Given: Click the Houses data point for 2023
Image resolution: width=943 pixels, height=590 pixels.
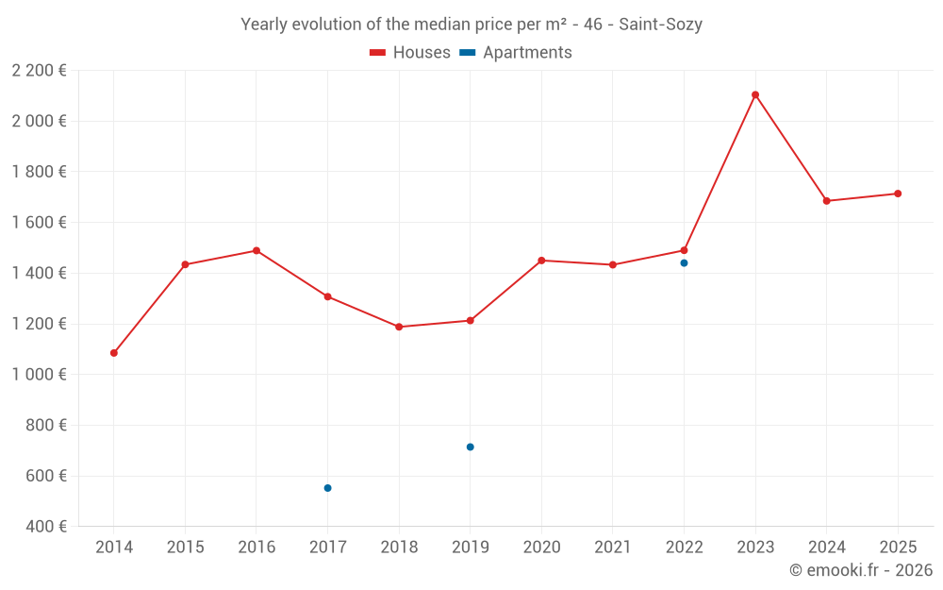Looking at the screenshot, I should (x=755, y=94).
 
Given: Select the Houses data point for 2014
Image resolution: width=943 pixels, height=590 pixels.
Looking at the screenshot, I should (x=114, y=353).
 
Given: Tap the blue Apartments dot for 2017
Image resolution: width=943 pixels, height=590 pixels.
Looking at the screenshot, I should (x=327, y=488).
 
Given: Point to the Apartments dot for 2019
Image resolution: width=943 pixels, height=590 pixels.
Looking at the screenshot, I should (x=470, y=447).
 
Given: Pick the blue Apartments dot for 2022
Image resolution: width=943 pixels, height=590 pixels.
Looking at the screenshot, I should (x=684, y=262).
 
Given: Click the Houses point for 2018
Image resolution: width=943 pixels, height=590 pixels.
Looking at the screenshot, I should (x=399, y=327).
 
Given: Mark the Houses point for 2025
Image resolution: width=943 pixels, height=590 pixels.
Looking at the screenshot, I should (x=898, y=194).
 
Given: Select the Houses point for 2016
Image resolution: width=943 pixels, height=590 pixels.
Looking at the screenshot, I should (x=256, y=250).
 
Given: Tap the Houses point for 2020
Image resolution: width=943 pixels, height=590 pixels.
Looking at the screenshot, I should (x=541, y=261).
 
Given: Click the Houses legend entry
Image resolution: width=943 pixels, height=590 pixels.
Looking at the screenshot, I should (x=410, y=53).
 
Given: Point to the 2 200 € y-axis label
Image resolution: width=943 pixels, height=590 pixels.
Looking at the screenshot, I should (x=39, y=70).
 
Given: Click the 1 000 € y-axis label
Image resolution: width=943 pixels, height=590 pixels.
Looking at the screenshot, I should (x=39, y=375).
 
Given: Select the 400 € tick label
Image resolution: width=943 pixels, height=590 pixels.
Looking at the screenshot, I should (x=47, y=527).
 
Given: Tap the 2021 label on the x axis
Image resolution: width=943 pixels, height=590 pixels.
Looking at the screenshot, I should (x=613, y=548).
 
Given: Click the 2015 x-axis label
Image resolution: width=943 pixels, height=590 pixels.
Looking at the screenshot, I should (x=185, y=548).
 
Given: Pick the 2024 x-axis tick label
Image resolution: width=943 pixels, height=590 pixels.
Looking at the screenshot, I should (x=826, y=548).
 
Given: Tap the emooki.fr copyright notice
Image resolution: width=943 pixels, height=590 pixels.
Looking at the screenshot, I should (x=860, y=570).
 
